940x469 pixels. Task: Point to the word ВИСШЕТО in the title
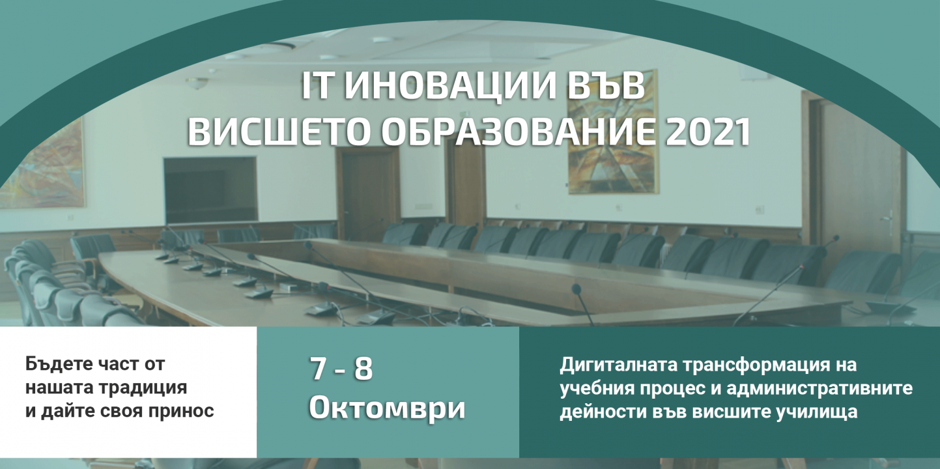tap(281, 132)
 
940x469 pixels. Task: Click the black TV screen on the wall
tap(210, 190)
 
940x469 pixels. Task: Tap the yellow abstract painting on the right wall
tap(612, 132)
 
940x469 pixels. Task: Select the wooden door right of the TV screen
tap(367, 193)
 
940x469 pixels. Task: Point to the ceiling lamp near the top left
tap(197, 82)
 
